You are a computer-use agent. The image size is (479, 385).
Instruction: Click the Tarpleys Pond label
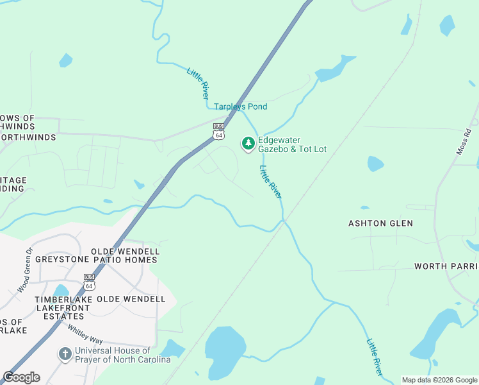[x=240, y=107]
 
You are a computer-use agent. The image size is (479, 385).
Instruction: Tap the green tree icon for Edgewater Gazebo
[x=248, y=144]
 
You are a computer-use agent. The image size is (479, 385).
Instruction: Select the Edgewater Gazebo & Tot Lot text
[x=292, y=145]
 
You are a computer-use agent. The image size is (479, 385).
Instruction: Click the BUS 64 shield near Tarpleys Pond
[x=219, y=132]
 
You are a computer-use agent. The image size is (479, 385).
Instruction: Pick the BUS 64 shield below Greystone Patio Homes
[x=89, y=282]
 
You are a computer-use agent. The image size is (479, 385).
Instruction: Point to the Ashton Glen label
[x=380, y=223]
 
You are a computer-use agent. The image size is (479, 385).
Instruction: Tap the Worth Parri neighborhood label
[x=446, y=266]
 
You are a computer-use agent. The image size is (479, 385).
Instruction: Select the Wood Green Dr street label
[x=24, y=271]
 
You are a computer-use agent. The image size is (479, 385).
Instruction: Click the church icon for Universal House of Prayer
[x=65, y=354]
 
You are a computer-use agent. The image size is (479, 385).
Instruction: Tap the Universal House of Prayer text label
[x=122, y=355]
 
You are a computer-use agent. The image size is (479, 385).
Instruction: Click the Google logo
[x=21, y=377]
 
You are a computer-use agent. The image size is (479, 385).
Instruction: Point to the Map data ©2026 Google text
[x=439, y=380]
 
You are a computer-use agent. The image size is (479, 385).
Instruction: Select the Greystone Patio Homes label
[x=96, y=259]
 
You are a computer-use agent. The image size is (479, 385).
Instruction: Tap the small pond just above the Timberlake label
[x=61, y=291]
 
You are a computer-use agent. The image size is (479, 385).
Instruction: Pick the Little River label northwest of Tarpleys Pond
[x=199, y=83]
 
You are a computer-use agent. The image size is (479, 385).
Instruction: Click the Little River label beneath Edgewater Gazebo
[x=270, y=182]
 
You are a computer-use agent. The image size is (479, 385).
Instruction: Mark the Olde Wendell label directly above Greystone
[x=125, y=251]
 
